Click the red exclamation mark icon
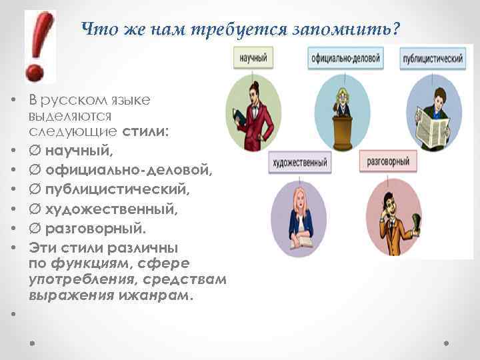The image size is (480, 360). (x=37, y=45)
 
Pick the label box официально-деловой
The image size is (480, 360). (x=345, y=59)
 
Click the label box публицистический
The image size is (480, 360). (x=433, y=59)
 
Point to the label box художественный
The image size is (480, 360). (x=299, y=161)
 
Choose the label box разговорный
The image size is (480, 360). (x=388, y=161)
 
